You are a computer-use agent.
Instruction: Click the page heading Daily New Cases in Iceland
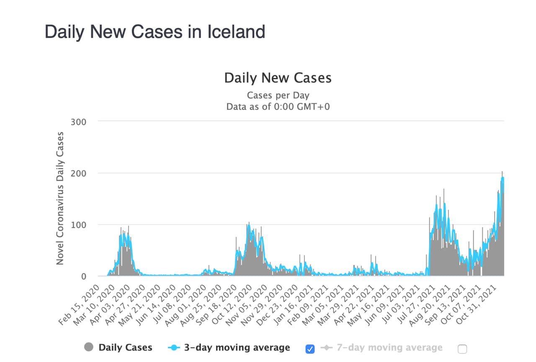coord(155,32)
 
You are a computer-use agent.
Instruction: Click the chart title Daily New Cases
coord(278,78)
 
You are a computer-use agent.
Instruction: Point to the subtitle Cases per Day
coord(278,95)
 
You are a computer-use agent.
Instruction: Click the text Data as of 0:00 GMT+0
coord(278,106)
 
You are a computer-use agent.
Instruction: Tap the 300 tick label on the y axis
coord(79,122)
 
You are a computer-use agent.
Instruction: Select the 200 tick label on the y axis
coord(79,173)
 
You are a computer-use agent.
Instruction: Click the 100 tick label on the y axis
coord(79,225)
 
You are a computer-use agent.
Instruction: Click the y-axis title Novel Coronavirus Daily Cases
coord(60,198)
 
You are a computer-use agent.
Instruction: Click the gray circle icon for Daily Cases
coord(89,347)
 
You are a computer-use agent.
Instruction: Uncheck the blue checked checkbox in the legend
coord(310,349)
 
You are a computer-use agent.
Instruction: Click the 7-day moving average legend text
coord(389,347)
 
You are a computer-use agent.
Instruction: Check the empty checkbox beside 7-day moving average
coord(462,349)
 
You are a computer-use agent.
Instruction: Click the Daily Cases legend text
coord(125,347)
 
